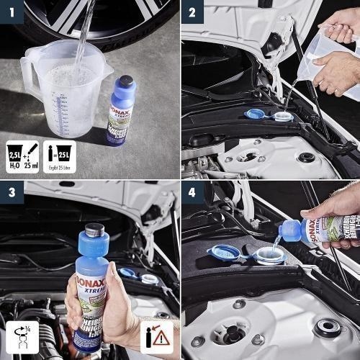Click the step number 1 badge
click(11, 11)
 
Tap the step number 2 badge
click(192, 11)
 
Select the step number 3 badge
click(11, 192)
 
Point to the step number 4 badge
click(192, 192)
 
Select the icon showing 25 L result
click(60, 154)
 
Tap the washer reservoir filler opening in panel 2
click(283, 116)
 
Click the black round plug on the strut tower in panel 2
click(306, 157)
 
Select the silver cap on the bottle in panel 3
click(93, 231)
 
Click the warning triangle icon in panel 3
click(163, 338)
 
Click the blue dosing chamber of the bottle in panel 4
click(290, 230)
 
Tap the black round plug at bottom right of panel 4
click(328, 328)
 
